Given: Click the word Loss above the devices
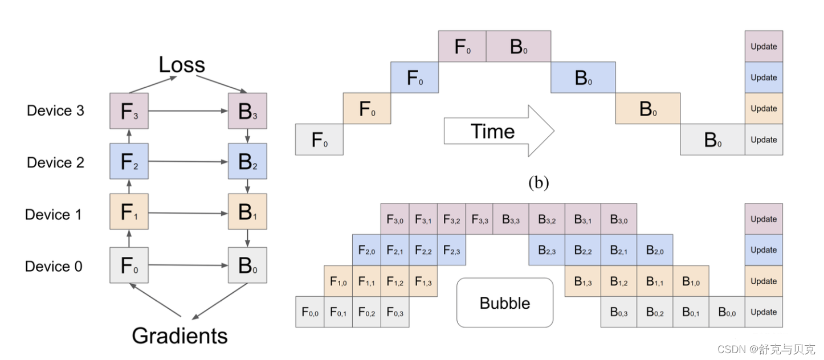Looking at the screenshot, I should click(181, 65).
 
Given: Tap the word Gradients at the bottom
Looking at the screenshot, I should click(180, 336).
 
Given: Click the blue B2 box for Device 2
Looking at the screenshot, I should click(247, 162).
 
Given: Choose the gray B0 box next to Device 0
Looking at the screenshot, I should click(247, 265).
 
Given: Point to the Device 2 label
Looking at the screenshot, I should click(55, 162).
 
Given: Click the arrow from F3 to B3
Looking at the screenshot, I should click(188, 111).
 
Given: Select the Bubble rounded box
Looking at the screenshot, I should click(505, 302).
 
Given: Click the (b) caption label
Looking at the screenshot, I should click(539, 183).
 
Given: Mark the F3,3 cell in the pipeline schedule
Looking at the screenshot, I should click(479, 219).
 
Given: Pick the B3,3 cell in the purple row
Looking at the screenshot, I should click(511, 219).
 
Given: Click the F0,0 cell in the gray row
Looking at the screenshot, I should click(309, 312).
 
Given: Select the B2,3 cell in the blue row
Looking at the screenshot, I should click(546, 250).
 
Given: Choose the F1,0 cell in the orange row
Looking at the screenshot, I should click(338, 281).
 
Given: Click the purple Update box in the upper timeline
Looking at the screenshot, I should click(764, 46).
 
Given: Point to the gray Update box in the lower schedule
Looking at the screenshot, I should click(764, 312).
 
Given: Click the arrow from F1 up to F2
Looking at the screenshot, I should click(129, 186).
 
